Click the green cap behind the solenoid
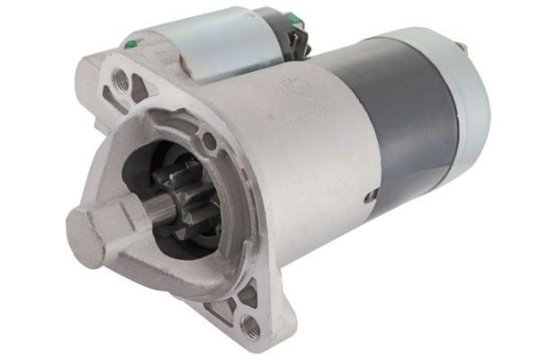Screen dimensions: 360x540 pyautogui.click(x=293, y=16)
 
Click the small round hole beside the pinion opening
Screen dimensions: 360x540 pyautogui.click(x=209, y=139)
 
